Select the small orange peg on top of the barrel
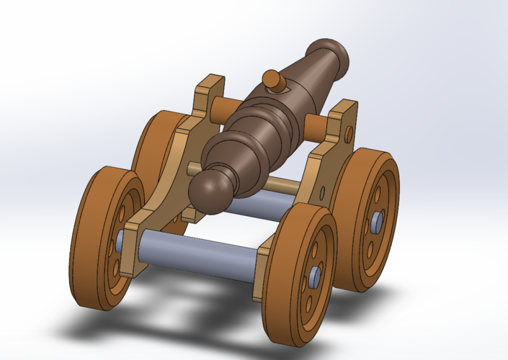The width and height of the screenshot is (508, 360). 272,80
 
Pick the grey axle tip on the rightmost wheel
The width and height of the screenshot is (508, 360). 377,224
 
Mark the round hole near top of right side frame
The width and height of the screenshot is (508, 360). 349,134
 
